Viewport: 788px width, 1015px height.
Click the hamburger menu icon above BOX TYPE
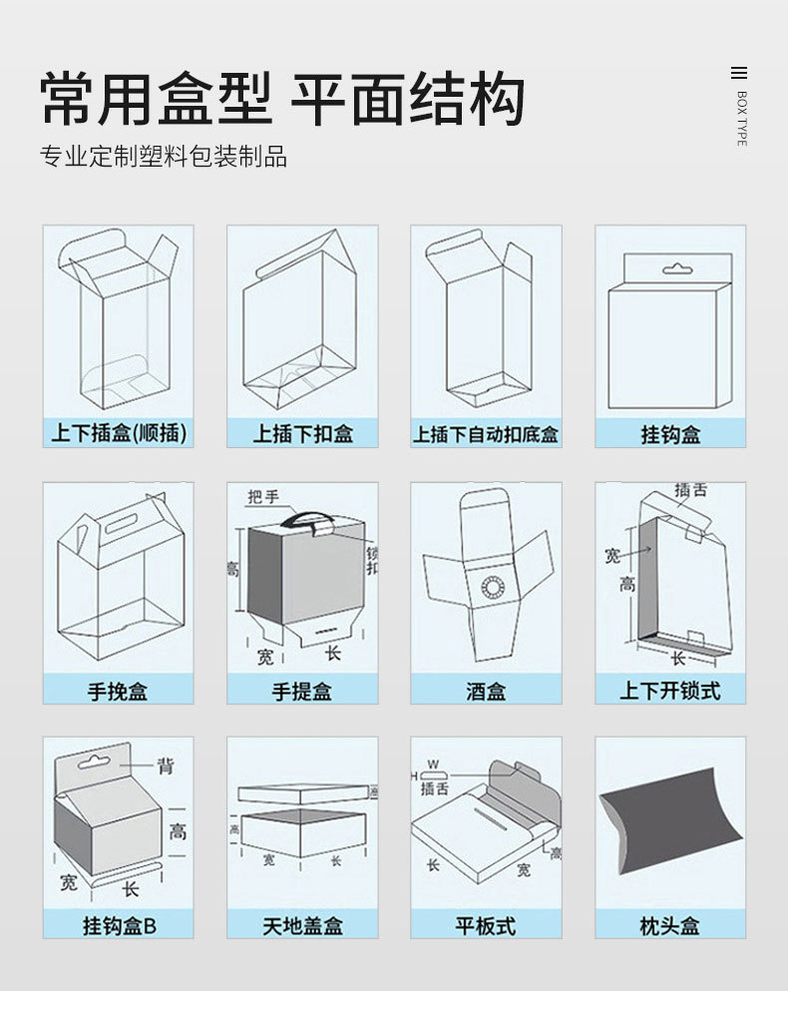[739, 73]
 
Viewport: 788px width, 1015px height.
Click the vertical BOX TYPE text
[741, 119]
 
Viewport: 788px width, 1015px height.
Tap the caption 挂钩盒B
[119, 925]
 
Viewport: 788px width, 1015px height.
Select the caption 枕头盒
[669, 925]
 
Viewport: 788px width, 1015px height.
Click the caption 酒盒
[486, 690]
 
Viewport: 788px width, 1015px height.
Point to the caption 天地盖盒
[302, 925]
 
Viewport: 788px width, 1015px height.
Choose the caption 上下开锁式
[669, 690]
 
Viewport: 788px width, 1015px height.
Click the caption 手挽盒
[118, 690]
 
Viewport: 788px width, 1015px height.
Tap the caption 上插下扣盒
[302, 433]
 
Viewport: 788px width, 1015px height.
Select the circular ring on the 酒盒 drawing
[492, 587]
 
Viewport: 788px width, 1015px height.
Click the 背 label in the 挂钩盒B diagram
[167, 765]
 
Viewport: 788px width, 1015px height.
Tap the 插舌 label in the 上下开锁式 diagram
[690, 490]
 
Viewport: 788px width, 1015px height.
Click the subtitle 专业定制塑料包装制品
[164, 157]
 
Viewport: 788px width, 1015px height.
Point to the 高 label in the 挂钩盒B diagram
[177, 828]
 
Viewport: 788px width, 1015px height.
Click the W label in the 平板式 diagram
[432, 764]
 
